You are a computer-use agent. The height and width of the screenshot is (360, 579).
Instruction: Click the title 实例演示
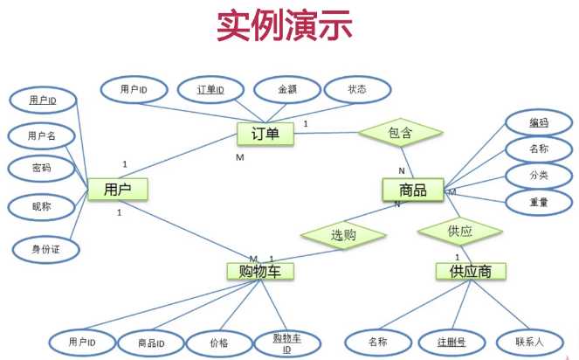point(285,25)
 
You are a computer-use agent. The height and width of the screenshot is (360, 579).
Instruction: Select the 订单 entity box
point(265,134)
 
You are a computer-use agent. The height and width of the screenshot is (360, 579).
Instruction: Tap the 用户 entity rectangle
point(117,190)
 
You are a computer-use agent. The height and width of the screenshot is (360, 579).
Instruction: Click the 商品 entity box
point(413,190)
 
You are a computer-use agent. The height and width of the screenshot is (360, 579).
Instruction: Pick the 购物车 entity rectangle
point(260,271)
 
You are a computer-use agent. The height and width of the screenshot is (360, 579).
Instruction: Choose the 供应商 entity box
point(471,271)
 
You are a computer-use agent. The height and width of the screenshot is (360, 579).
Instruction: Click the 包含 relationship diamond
point(400,133)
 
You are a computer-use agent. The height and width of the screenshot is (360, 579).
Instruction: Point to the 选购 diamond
point(343,235)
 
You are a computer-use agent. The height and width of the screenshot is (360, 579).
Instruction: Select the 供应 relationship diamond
point(460,232)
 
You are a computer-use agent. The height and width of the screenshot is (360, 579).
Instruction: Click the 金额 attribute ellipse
point(287,89)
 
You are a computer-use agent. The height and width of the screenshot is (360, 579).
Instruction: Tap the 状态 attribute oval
point(357,89)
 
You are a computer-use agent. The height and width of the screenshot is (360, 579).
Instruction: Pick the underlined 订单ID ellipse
point(210,89)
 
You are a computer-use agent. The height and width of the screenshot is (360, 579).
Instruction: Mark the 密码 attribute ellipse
point(41,168)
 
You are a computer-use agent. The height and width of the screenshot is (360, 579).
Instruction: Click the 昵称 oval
point(41,206)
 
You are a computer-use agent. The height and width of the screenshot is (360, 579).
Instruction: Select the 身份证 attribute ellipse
point(45,249)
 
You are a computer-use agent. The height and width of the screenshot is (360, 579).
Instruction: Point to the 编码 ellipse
point(538,122)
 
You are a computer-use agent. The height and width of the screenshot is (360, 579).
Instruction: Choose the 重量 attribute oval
point(538,202)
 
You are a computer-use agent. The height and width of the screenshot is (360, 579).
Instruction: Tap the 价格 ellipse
point(219,343)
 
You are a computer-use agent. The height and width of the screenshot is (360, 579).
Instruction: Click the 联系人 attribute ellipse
point(529,342)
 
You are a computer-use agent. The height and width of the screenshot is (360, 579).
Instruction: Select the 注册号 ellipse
point(451,343)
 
